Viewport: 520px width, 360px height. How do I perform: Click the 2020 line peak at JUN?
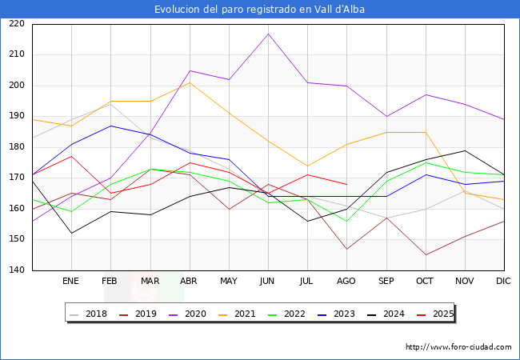(268, 34)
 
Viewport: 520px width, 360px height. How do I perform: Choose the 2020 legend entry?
(194, 314)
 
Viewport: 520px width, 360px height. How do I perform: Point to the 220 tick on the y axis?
(17, 24)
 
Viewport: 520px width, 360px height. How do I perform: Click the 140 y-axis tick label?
(17, 270)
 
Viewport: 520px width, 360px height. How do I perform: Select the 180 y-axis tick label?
(17, 147)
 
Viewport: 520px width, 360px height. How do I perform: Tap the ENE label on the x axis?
(71, 282)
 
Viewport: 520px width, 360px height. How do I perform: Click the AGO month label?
(346, 282)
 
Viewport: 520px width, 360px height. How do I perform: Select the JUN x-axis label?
(268, 282)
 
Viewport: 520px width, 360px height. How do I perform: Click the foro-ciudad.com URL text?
(458, 347)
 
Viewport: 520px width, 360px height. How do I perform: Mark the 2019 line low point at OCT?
(426, 255)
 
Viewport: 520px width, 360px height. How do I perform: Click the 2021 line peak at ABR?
(190, 82)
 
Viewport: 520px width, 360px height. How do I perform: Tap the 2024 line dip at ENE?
(71, 234)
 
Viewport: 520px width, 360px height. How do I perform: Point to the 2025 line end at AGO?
(346, 184)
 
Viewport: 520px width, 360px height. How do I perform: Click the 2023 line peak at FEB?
(110, 126)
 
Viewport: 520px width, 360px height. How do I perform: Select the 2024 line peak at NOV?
(465, 150)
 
